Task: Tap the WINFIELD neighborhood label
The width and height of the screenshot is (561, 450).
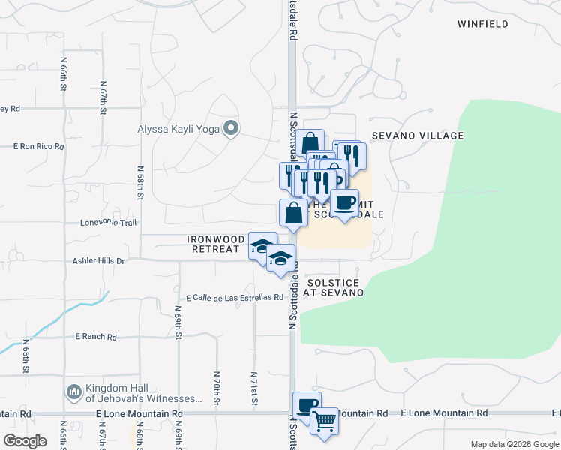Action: [483, 24]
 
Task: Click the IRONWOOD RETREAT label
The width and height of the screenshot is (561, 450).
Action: [216, 244]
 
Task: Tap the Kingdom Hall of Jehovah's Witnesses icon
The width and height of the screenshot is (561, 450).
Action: [73, 391]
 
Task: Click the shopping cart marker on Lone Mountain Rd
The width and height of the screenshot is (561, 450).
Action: [324, 421]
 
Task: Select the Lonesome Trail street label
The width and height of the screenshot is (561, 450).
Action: [109, 223]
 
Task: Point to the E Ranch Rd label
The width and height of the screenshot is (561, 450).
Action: [96, 337]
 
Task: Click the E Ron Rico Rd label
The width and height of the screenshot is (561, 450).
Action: [39, 147]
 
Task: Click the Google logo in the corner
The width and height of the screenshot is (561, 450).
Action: [25, 441]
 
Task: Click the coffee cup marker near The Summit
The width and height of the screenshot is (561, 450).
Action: [344, 204]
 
